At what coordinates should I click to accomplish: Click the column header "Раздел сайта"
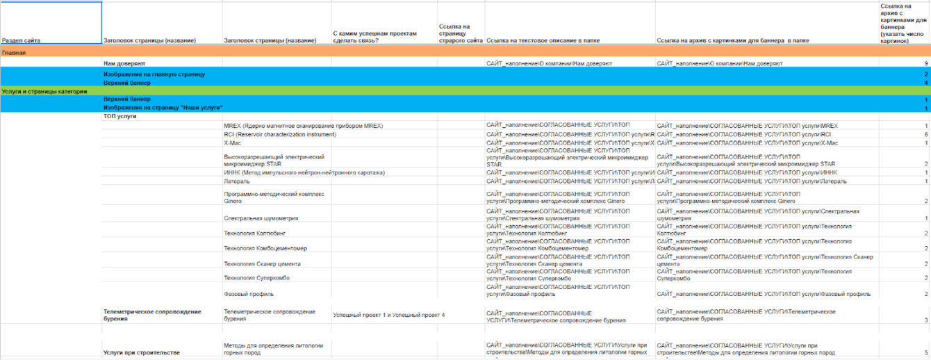point(22,41)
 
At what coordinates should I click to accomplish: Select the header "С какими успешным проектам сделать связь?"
point(375,37)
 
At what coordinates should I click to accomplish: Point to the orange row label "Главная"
point(14,53)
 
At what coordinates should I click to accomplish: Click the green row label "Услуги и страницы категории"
point(44,91)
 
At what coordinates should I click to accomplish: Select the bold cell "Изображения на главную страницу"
point(154,73)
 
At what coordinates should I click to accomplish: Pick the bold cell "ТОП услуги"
point(120,116)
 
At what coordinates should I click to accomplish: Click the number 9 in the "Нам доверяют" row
point(926,63)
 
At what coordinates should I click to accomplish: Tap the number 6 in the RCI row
point(926,133)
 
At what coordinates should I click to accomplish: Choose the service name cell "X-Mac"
point(232,142)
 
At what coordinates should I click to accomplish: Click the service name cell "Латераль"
point(236,181)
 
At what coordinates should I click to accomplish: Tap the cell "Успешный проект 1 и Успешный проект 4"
point(388,316)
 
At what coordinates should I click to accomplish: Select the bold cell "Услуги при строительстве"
point(141,352)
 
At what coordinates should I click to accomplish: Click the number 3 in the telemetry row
point(926,320)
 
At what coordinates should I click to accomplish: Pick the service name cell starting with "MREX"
point(303,126)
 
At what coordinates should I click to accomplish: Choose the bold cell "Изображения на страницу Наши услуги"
point(163,108)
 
